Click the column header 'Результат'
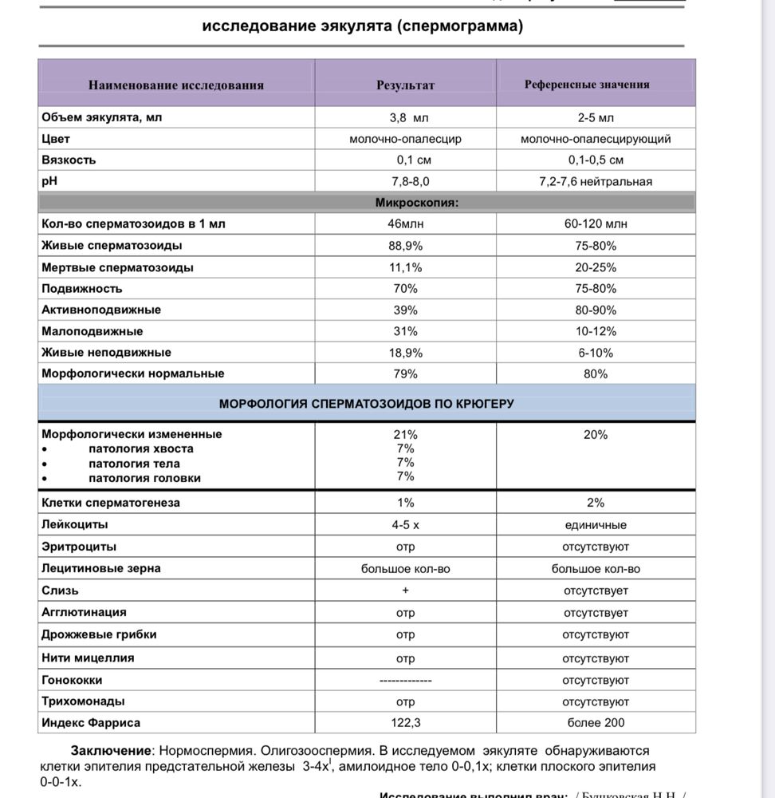405,85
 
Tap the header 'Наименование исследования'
176,85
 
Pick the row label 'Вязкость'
69,160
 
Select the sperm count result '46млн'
405,224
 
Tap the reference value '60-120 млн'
596,224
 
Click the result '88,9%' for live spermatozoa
405,246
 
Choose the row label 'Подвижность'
82,288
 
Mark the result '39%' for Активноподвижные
405,310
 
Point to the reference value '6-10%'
596,352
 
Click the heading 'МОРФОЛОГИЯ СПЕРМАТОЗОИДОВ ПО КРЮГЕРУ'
367,404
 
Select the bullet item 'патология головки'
144,478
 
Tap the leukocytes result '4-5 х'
405,525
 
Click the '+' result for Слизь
405,591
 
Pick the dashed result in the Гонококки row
405,681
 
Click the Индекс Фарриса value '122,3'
405,723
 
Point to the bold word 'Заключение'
111,751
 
